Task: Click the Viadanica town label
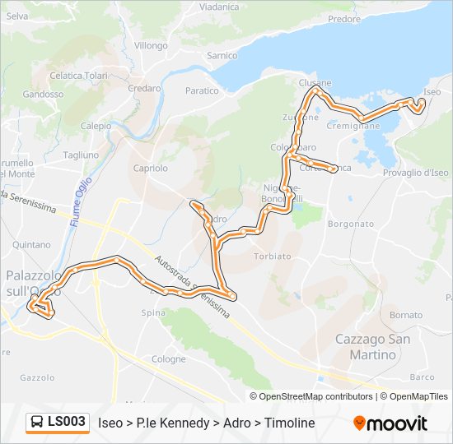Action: (x=218, y=7)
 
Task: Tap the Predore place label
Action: (x=343, y=19)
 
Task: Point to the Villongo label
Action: (x=151, y=46)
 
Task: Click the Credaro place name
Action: (x=144, y=88)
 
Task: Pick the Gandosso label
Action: (x=44, y=95)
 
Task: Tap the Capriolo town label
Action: (x=150, y=168)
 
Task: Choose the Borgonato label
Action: (x=351, y=224)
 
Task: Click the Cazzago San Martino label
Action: (x=366, y=347)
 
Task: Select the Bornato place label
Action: (x=406, y=315)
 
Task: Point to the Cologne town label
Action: (x=168, y=359)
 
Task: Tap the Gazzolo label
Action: (x=36, y=378)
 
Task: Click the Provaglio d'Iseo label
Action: (x=416, y=173)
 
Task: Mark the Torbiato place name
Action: (x=272, y=256)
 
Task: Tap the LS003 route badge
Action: (x=57, y=422)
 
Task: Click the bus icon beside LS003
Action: (x=37, y=423)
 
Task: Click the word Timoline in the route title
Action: (x=289, y=423)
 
